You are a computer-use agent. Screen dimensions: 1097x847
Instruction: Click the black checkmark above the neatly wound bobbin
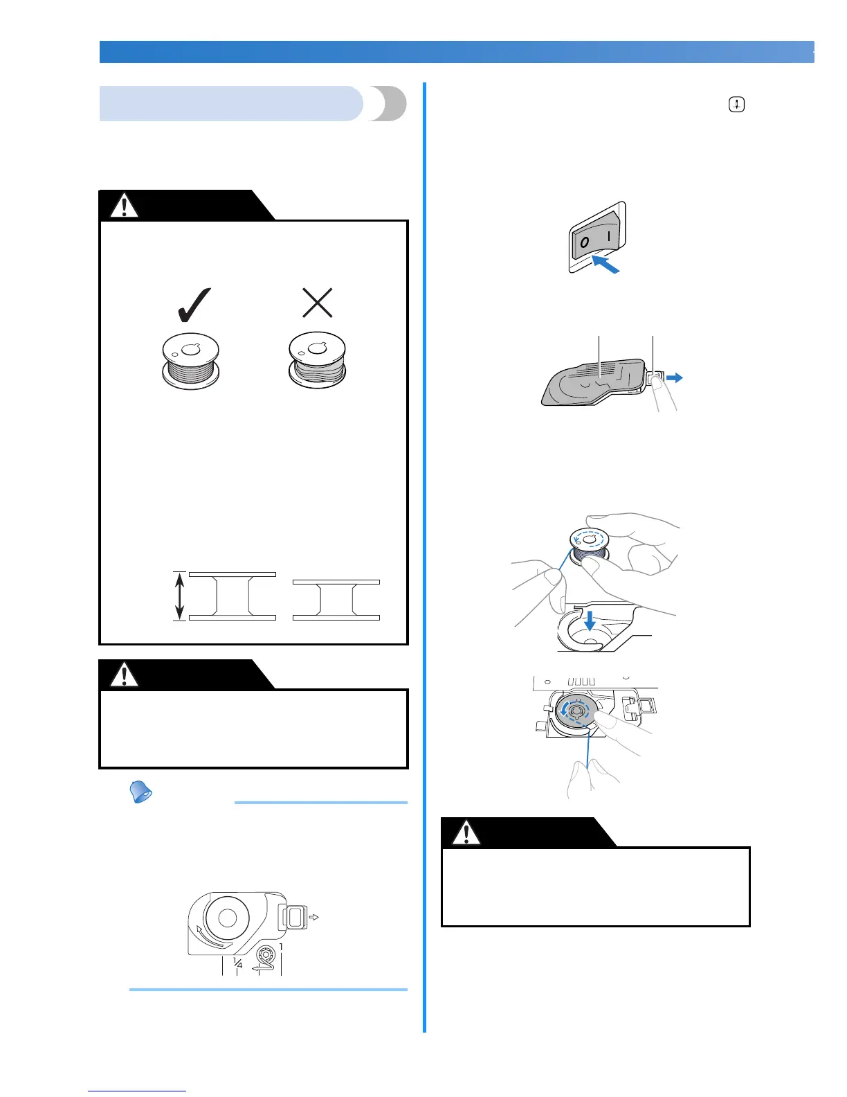(194, 305)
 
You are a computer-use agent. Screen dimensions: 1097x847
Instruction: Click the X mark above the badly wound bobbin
(318, 303)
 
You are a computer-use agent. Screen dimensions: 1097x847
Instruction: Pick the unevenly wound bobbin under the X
(317, 360)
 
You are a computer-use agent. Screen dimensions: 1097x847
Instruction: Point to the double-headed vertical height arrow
(180, 596)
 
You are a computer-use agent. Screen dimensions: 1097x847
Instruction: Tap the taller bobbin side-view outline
(233, 596)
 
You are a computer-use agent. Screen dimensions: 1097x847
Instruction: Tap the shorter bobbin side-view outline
(336, 600)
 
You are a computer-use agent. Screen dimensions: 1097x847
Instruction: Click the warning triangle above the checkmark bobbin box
(125, 206)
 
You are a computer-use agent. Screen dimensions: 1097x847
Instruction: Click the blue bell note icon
(141, 792)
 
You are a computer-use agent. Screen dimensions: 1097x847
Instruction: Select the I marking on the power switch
(609, 235)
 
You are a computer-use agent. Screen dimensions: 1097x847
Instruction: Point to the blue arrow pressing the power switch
(604, 264)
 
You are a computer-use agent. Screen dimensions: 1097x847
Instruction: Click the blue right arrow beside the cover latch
(675, 377)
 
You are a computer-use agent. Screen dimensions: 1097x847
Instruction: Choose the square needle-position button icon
(736, 105)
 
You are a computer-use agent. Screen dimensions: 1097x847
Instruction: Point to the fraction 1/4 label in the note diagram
(237, 963)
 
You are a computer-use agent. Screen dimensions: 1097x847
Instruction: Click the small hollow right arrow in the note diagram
(313, 918)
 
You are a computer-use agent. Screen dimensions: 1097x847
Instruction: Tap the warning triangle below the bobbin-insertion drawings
(466, 833)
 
